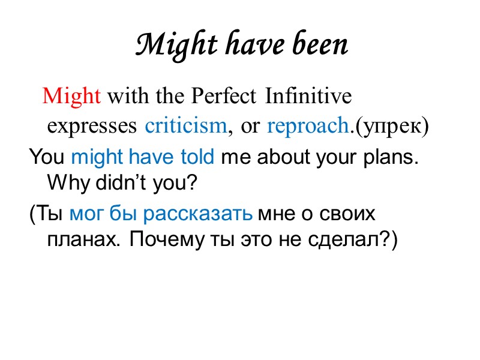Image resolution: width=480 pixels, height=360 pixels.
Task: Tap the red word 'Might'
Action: point(71,96)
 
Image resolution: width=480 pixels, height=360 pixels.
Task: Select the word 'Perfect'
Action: point(225,96)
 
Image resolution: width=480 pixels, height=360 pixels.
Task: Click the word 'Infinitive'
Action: point(308,96)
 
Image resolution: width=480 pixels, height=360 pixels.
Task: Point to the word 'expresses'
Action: point(93,127)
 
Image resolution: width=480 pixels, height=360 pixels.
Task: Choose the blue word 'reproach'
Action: point(307,127)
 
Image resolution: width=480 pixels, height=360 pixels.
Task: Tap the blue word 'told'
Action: point(197,158)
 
